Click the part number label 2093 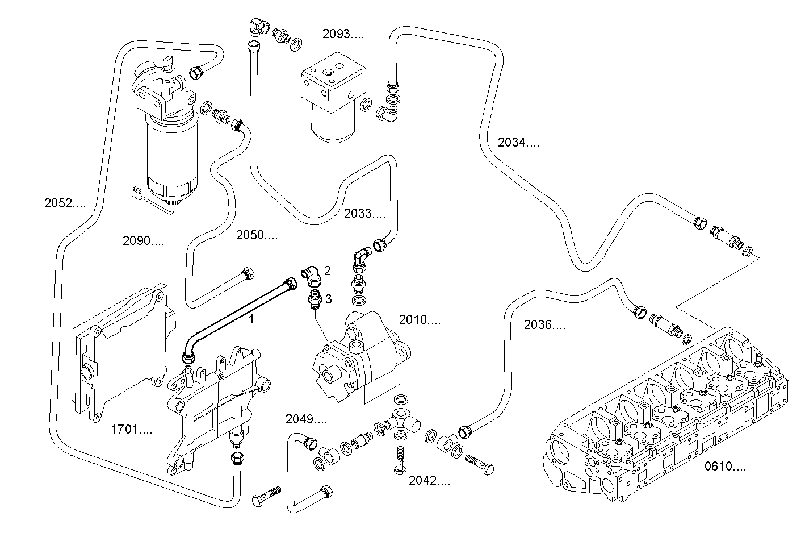[x=343, y=34]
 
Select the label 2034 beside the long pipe [x=518, y=143]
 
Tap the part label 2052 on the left [x=65, y=202]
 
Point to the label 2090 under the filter [x=143, y=241]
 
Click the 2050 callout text [x=257, y=235]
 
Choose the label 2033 [x=364, y=214]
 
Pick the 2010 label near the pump [x=420, y=320]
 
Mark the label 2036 [x=544, y=325]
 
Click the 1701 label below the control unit [x=131, y=430]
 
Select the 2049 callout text [x=306, y=419]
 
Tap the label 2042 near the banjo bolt [x=429, y=481]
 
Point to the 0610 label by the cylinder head [x=725, y=467]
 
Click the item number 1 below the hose [x=251, y=319]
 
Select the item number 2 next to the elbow [x=328, y=270]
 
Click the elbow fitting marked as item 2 [x=311, y=276]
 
